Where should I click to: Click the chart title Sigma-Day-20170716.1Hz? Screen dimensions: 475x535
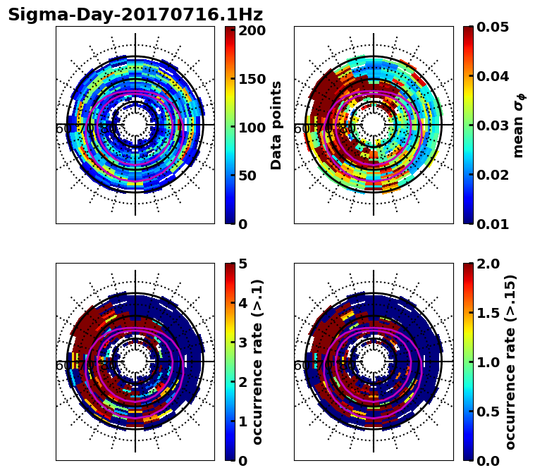click(135, 15)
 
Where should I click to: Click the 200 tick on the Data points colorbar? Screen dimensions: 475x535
click(252, 30)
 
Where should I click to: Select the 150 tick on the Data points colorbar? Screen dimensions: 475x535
click(252, 79)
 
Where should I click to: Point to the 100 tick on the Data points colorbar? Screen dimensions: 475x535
click(252, 128)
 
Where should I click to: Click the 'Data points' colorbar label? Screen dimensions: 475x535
click(276, 125)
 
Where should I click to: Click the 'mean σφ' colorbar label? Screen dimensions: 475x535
click(519, 125)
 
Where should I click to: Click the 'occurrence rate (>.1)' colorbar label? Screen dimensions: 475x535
click(258, 362)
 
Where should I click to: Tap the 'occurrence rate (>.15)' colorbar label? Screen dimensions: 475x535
click(510, 362)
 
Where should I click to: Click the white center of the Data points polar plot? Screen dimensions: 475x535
click(135, 125)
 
